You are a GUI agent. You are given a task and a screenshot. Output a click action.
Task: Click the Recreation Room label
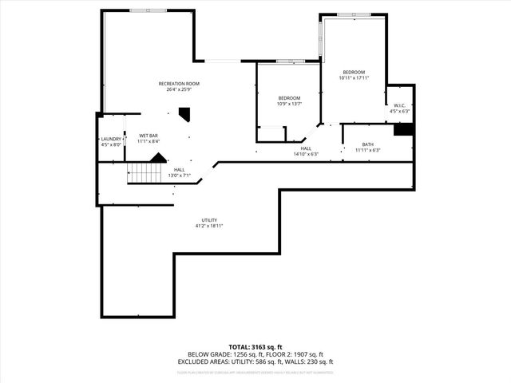click(x=179, y=84)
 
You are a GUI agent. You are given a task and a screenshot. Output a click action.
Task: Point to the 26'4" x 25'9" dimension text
click(x=179, y=89)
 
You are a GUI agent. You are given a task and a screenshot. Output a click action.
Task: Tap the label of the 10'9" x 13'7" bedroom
click(x=288, y=98)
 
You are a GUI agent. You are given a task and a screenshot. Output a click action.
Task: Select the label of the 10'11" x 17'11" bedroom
click(x=354, y=73)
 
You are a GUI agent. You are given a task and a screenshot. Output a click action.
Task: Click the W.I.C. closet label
click(x=400, y=105)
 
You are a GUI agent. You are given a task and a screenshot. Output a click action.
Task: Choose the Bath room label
click(x=367, y=144)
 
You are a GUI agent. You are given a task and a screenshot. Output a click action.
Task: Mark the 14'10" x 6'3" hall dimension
click(x=306, y=154)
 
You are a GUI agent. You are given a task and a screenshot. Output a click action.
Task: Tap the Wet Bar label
click(x=149, y=136)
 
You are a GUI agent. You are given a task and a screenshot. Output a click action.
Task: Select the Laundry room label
click(x=111, y=139)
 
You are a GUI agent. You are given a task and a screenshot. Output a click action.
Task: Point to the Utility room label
click(x=209, y=220)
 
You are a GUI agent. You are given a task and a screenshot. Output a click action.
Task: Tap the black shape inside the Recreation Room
click(x=184, y=116)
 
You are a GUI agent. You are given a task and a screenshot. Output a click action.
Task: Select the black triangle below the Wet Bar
click(x=158, y=157)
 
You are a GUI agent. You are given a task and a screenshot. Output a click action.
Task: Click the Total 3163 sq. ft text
click(x=255, y=347)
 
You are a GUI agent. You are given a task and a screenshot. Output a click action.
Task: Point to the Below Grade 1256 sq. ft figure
click(x=221, y=354)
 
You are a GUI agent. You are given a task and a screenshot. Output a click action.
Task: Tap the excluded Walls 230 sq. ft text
click(x=311, y=361)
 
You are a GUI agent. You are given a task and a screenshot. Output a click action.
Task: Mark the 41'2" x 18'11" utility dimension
click(x=209, y=227)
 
